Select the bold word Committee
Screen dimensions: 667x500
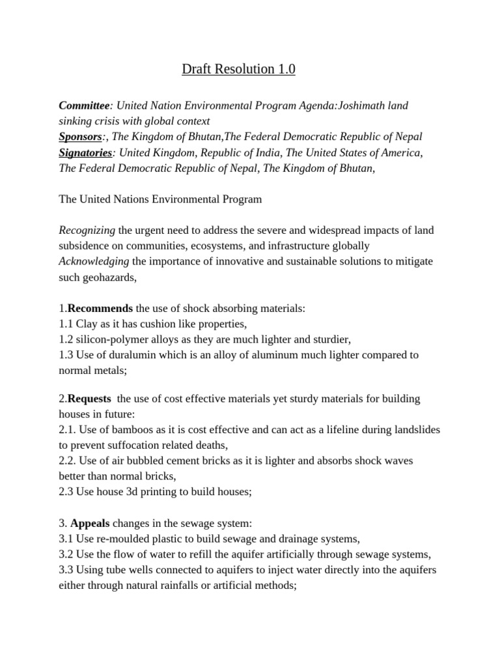click(83, 106)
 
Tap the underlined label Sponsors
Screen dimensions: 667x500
click(80, 137)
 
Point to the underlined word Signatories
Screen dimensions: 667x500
click(85, 152)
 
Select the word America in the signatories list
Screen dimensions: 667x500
click(400, 152)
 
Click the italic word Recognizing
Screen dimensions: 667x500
click(87, 231)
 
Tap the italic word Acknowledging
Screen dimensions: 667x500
click(94, 262)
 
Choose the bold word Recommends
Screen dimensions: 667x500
click(100, 308)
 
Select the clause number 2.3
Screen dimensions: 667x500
click(66, 492)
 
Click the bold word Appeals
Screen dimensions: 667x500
click(90, 524)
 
